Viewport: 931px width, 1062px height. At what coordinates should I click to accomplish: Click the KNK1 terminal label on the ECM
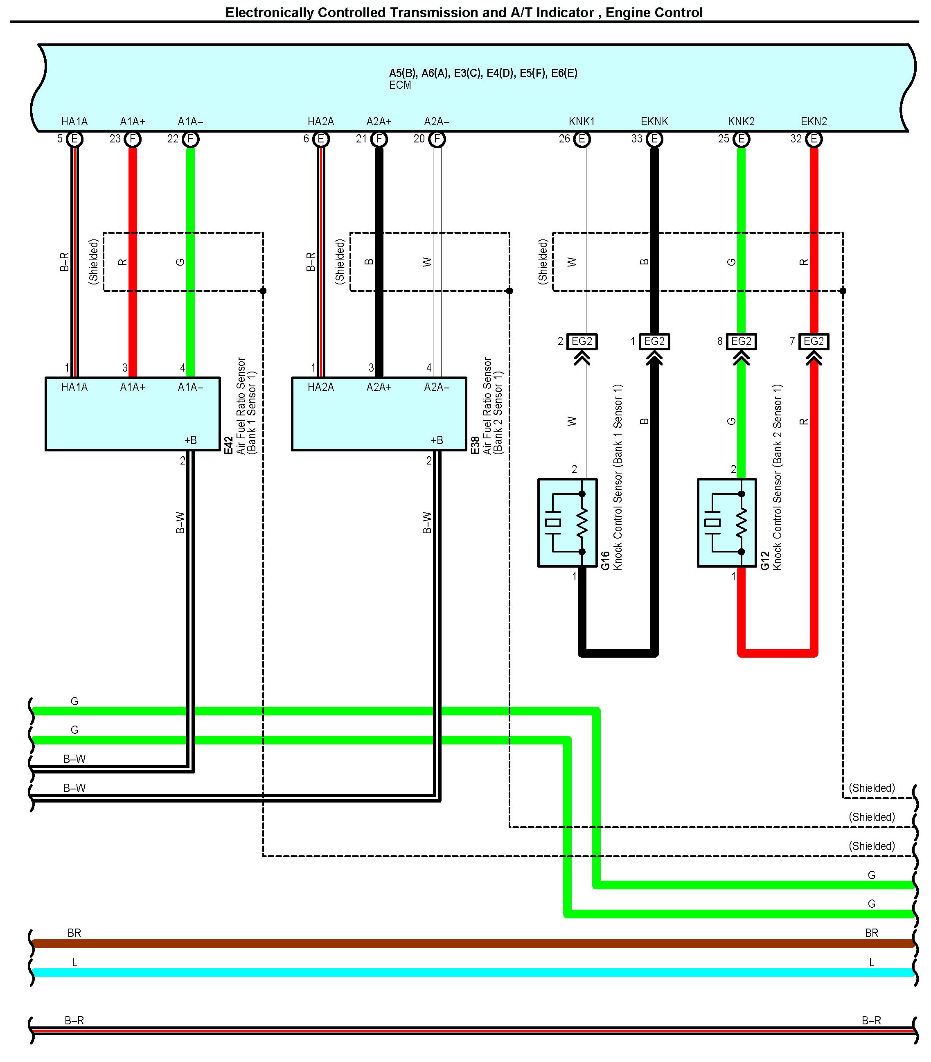coord(582,122)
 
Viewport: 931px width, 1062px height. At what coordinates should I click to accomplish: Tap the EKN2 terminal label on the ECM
coord(814,122)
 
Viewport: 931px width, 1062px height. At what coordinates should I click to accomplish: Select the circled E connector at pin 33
coord(655,139)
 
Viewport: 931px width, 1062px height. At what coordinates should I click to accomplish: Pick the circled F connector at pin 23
coord(133,139)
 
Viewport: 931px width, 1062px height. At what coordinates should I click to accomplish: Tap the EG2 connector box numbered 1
coord(654,341)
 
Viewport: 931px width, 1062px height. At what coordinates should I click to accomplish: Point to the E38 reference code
coord(475,446)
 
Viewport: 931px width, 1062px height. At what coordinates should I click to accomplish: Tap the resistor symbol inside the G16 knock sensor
coord(582,523)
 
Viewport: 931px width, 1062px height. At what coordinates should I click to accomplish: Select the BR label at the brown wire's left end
coord(74,933)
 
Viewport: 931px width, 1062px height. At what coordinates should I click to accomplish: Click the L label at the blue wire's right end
coord(871,962)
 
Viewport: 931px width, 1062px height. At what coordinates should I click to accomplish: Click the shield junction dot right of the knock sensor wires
coord(843,291)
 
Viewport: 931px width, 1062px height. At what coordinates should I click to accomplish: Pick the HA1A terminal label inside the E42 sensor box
coord(74,387)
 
